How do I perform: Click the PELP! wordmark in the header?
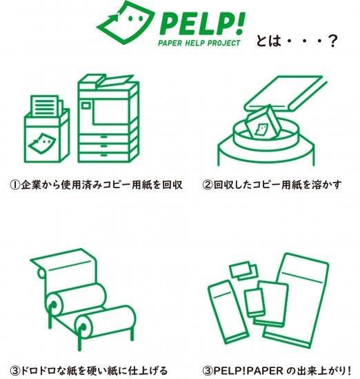pos(202,23)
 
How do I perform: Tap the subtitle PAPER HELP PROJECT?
pos(199,43)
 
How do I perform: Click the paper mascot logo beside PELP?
pos(126,22)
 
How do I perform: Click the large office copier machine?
pos(108,119)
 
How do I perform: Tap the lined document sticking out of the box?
pos(46,105)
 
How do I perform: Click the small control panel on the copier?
pos(86,105)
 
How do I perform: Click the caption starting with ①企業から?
pos(96,185)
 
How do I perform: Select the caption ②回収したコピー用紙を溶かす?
pos(272,185)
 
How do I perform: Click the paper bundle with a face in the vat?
pos(263,123)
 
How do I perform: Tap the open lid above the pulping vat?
pos(286,94)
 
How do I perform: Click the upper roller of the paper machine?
pos(77,299)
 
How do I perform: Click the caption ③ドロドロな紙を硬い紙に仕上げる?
pos(89,371)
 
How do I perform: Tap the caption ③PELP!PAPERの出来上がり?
pos(277,371)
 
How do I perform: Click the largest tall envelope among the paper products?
pos(297,300)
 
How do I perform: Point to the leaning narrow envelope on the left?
pos(228,311)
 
